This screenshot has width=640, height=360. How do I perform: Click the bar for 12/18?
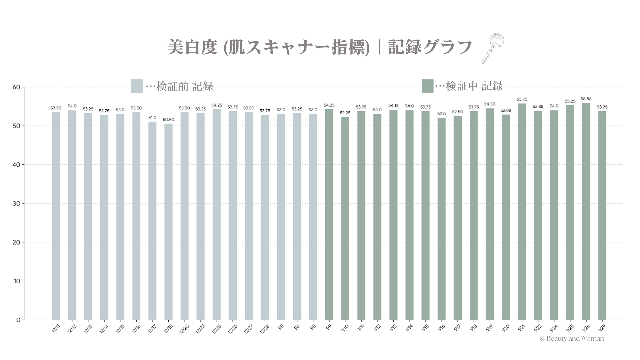[168, 222]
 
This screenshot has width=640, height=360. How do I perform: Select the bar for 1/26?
[586, 211]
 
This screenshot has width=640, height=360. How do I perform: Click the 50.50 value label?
[168, 120]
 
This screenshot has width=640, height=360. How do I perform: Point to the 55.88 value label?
[586, 99]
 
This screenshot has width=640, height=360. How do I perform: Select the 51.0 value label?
[152, 118]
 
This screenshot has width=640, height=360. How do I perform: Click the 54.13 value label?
[393, 106]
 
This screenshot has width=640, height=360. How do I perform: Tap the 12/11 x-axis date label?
[56, 328]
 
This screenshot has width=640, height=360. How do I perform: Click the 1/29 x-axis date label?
[602, 328]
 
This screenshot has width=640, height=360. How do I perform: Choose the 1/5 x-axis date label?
[281, 327]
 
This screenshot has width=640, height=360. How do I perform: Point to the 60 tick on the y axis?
[16, 87]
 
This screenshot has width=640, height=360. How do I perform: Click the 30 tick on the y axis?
[16, 204]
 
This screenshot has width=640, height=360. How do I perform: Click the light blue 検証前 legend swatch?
[137, 86]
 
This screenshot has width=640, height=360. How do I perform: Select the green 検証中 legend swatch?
[427, 86]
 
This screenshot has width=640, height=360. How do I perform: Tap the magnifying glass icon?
[493, 48]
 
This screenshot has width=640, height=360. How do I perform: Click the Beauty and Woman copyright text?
[572, 339]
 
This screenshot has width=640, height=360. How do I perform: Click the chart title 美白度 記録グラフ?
[319, 47]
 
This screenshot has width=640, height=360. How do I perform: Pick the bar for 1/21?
[522, 212]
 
